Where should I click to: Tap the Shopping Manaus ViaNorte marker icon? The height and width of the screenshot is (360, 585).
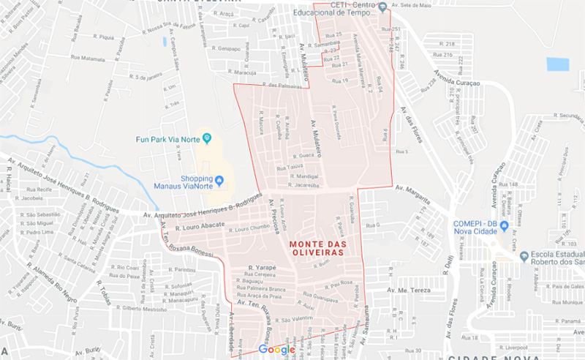219,180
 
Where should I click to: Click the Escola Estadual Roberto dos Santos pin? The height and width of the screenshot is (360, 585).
524,255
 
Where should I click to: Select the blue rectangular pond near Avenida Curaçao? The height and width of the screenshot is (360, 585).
557,64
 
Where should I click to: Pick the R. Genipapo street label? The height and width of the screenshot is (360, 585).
228,48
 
